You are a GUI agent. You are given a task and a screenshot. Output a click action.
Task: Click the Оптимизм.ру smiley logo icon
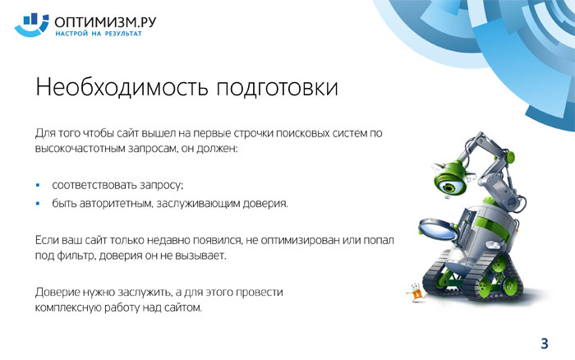coord(31,25)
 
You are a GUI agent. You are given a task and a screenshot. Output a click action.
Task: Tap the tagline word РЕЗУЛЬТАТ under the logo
coord(123,34)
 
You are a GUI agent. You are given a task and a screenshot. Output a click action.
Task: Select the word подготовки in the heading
coord(278,88)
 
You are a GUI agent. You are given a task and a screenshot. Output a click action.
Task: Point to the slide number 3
coord(544,344)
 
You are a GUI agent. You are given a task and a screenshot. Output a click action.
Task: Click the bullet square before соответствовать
coord(38,185)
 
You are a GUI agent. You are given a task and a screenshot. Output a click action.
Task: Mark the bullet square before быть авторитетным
coord(38,203)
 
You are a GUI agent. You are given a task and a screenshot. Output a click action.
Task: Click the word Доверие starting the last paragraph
coord(57,293)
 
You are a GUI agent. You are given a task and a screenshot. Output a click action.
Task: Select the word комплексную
coord(68,307)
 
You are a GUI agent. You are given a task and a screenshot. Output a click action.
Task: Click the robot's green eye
coord(448,187)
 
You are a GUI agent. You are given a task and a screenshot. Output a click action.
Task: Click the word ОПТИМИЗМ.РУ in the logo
coord(105,22)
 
